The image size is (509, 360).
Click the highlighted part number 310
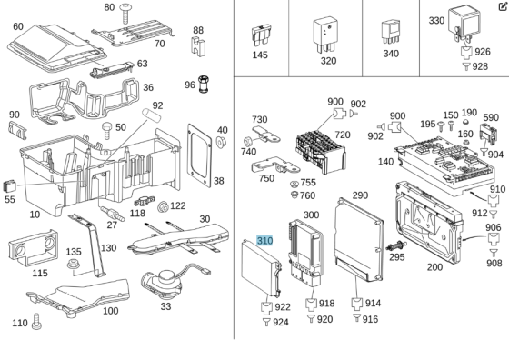pyautogui.click(x=264, y=241)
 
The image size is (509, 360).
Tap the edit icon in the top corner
pyautogui.click(x=503, y=6)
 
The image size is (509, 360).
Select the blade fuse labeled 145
pyautogui.click(x=262, y=36)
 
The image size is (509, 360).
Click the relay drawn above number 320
pyautogui.click(x=325, y=35)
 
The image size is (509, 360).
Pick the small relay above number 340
pyautogui.click(x=391, y=33)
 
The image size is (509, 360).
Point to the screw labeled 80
pyautogui.click(x=125, y=14)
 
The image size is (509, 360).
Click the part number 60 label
pyautogui.click(x=18, y=26)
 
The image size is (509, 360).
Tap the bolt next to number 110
pyautogui.click(x=36, y=322)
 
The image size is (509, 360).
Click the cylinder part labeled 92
pyautogui.click(x=153, y=115)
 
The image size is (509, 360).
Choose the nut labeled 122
pyautogui.click(x=163, y=206)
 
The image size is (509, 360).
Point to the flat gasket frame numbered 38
pyautogui.click(x=199, y=155)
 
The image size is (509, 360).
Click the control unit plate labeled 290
pyautogui.click(x=359, y=240)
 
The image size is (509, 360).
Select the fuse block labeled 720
pyautogui.click(x=320, y=152)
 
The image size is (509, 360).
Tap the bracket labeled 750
pyautogui.click(x=275, y=165)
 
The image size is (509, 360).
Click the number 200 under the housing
pyautogui.click(x=434, y=267)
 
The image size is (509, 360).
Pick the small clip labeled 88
pyautogui.click(x=197, y=46)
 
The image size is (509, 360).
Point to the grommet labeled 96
pyautogui.click(x=203, y=85)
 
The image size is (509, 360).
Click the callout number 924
pyautogui.click(x=281, y=323)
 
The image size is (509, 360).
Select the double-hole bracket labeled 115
pyautogui.click(x=33, y=247)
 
